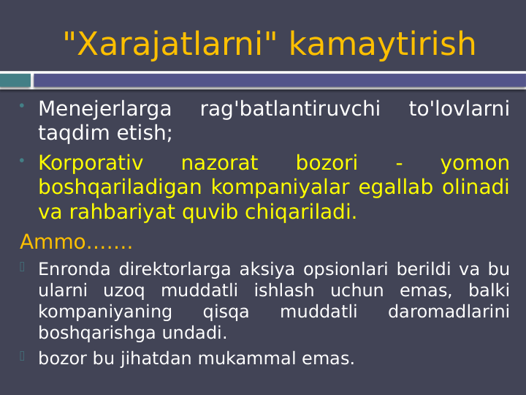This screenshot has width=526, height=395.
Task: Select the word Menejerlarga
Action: click(x=104, y=110)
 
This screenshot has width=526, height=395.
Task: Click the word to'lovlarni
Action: click(x=459, y=110)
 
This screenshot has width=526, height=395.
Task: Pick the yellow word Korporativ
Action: click(x=91, y=163)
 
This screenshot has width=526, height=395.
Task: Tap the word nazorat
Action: click(x=219, y=163)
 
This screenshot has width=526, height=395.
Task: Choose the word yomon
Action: click(x=475, y=163)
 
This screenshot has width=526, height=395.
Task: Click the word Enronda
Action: click(x=74, y=269)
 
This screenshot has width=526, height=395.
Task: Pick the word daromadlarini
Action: click(x=449, y=312)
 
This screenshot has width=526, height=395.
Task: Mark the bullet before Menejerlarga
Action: click(x=23, y=107)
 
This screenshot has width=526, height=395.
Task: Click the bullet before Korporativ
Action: click(x=23, y=160)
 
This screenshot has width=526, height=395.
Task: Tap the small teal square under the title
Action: click(x=15, y=80)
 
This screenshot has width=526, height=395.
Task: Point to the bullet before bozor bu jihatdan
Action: click(x=23, y=356)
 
